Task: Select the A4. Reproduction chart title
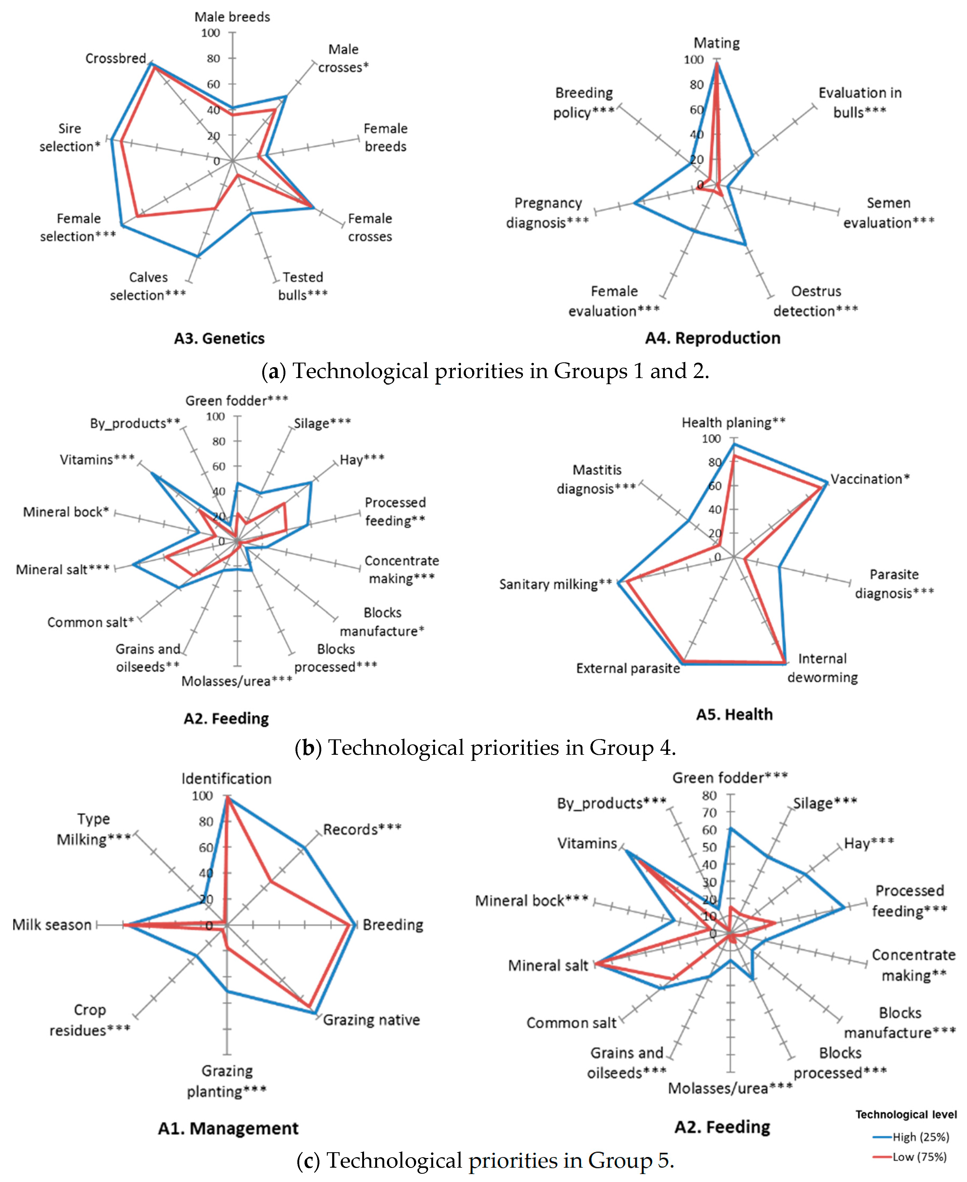click(712, 338)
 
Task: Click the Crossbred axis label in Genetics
click(115, 58)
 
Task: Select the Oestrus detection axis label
click(816, 301)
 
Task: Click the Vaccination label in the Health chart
click(869, 479)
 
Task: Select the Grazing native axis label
click(371, 1020)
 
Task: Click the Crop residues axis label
click(90, 1020)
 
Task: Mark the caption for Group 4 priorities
click(485, 747)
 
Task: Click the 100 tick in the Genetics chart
click(210, 33)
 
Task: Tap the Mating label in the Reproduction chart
click(716, 43)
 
